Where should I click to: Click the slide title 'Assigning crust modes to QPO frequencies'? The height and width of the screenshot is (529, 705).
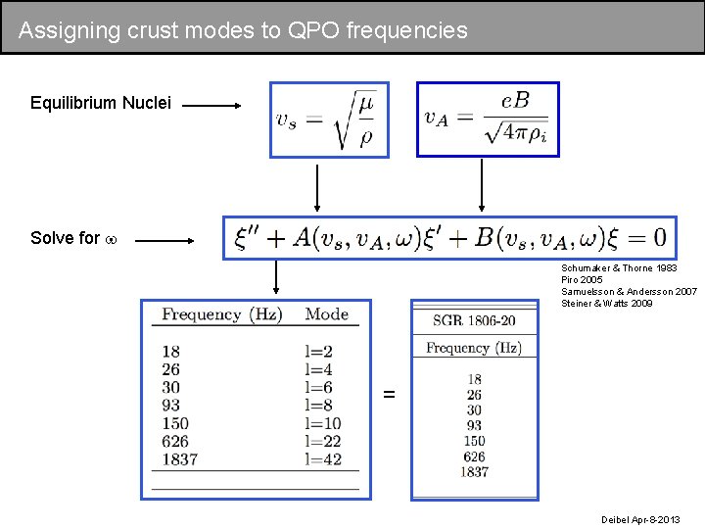tap(243, 30)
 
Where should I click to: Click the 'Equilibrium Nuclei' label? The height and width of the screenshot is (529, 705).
tap(101, 103)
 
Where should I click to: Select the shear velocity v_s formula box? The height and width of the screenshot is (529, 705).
tap(329, 120)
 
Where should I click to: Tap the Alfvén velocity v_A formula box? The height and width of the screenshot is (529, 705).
tap(488, 120)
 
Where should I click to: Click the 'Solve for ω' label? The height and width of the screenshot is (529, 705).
tap(73, 238)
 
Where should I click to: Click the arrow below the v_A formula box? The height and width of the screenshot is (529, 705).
tap(481, 186)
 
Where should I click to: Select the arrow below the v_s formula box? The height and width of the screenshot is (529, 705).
tap(316, 186)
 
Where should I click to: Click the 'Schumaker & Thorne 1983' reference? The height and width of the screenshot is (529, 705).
tap(619, 267)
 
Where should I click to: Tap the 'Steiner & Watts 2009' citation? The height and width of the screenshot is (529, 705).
tap(607, 303)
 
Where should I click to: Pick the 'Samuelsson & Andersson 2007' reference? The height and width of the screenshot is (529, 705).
tap(629, 291)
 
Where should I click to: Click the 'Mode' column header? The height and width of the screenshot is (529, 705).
tap(326, 314)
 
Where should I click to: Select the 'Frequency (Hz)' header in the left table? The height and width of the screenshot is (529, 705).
tap(222, 314)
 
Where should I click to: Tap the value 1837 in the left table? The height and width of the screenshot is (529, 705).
tap(179, 458)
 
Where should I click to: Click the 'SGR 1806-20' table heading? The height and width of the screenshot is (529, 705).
tap(474, 320)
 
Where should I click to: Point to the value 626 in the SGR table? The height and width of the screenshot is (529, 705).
tap(474, 457)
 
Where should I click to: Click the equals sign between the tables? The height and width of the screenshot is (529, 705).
tap(390, 394)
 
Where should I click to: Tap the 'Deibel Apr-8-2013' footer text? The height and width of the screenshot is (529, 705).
tap(639, 518)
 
